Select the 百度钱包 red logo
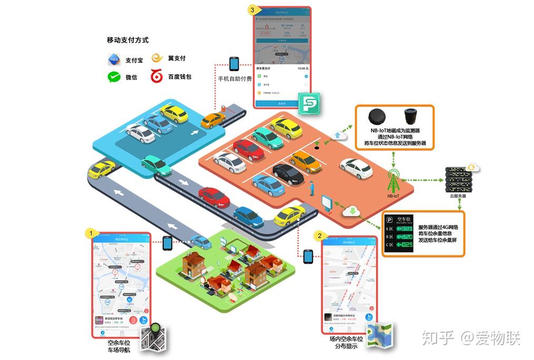[x=156, y=77]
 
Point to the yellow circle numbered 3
[x=253, y=10]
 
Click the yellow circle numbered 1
[x=91, y=232]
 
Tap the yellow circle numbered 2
[x=319, y=235]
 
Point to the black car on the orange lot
[x=288, y=174]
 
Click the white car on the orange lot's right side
[x=357, y=168]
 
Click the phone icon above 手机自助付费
[x=234, y=64]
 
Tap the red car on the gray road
[x=214, y=197]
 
